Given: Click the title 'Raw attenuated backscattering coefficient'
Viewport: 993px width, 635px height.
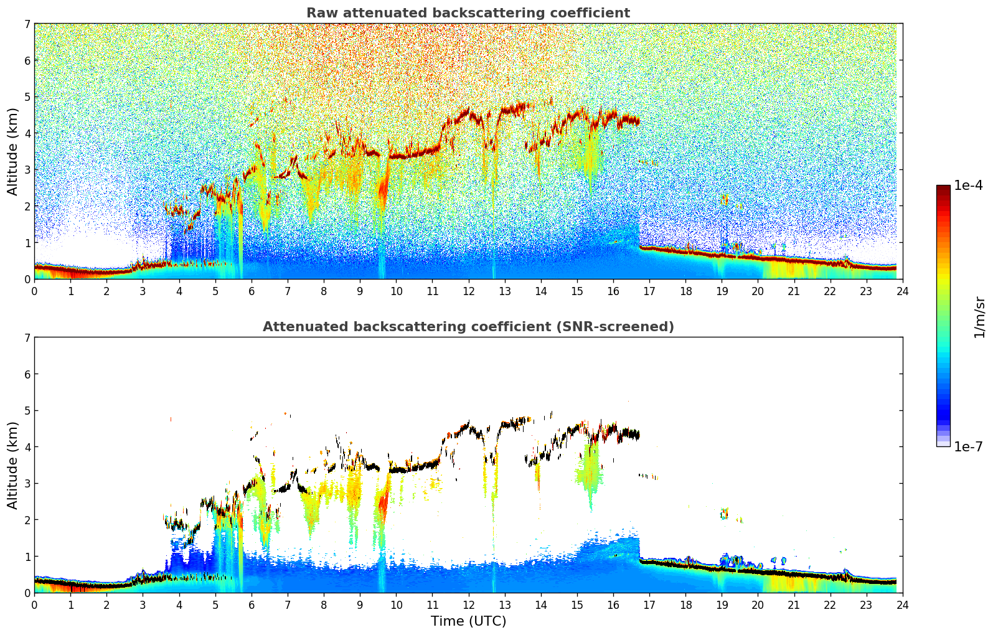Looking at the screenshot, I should pyautogui.click(x=468, y=13).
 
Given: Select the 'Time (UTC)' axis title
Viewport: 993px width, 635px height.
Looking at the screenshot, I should pyautogui.click(x=468, y=621).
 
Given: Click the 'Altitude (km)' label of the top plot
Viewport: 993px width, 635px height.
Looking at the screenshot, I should pyautogui.click(x=13, y=151).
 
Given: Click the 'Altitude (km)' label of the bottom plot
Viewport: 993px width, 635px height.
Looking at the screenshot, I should pyautogui.click(x=13, y=465).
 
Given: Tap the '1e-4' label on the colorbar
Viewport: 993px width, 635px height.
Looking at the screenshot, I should pyautogui.click(x=968, y=186).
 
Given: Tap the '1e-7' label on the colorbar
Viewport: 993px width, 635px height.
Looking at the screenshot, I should pyautogui.click(x=968, y=446).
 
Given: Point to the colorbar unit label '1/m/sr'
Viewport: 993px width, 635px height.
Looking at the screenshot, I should pyautogui.click(x=979, y=317).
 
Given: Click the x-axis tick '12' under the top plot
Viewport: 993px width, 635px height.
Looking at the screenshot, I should pyautogui.click(x=468, y=291).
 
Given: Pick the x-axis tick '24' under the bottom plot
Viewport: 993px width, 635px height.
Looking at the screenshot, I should pyautogui.click(x=902, y=604).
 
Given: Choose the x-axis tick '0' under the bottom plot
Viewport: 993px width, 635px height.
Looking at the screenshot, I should pyautogui.click(x=34, y=604).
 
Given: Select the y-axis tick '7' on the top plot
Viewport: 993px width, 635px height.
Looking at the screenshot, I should pyautogui.click(x=27, y=24).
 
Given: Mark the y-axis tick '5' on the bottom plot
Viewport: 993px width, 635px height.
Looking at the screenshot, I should pyautogui.click(x=27, y=411).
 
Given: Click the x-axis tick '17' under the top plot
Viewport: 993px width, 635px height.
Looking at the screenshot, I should pyautogui.click(x=649, y=291).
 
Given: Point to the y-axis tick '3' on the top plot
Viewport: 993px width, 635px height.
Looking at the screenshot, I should pyautogui.click(x=27, y=170).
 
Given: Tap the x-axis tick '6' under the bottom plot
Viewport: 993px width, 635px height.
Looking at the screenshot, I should pyautogui.click(x=252, y=604).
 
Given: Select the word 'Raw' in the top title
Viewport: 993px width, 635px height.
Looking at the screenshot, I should pyautogui.click(x=319, y=13).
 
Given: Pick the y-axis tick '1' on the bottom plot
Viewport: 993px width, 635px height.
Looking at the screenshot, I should pyautogui.click(x=27, y=557).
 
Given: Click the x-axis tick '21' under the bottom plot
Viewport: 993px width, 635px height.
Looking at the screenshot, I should pyautogui.click(x=794, y=604).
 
